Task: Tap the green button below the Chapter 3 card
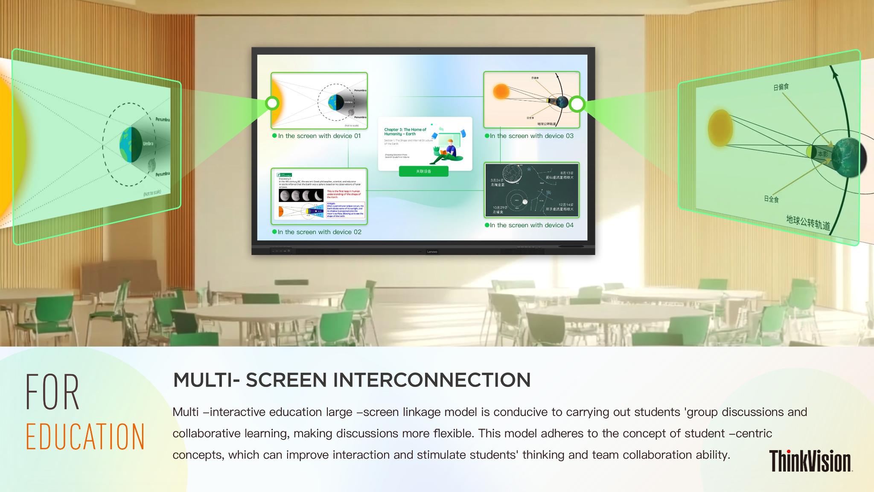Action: pos(423,171)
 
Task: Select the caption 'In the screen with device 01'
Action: pos(319,136)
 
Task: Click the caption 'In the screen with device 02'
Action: pos(319,232)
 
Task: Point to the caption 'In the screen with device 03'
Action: pos(531,136)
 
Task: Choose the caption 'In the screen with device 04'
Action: pos(531,225)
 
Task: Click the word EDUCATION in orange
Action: pos(85,436)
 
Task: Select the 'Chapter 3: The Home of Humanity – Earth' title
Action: pos(405,132)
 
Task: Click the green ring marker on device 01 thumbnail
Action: pos(272,103)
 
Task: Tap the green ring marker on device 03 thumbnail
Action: pos(577,104)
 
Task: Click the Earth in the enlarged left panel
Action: pos(131,145)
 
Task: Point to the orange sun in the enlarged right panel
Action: pos(720,128)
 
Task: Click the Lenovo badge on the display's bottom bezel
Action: pos(432,252)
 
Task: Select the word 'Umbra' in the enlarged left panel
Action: pos(148,143)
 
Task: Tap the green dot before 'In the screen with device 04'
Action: pos(487,225)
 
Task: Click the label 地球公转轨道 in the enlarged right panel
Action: pos(808,222)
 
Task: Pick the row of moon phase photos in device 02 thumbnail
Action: pos(301,196)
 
